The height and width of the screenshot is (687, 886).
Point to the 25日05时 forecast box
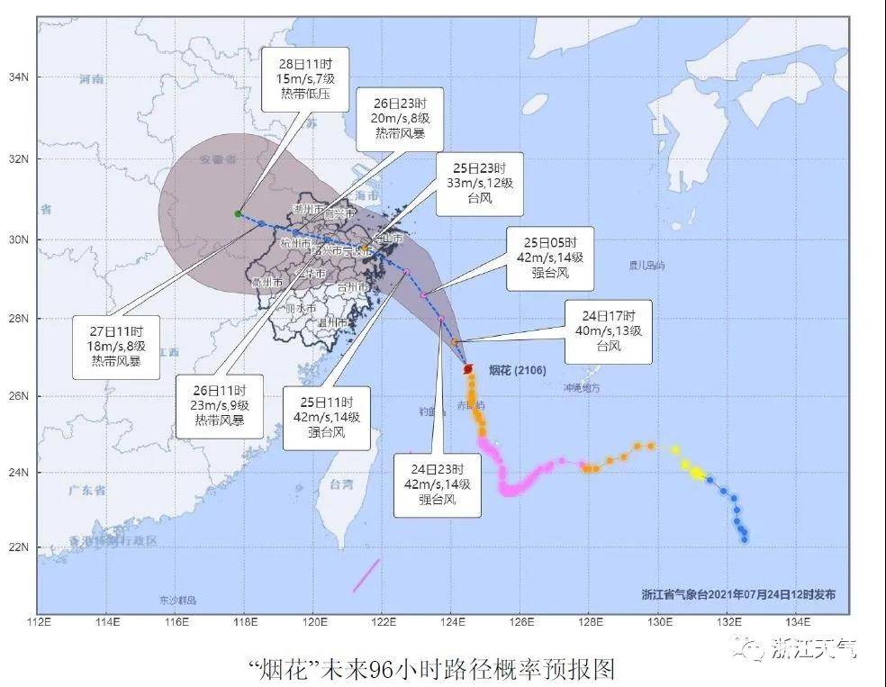(x=549, y=258)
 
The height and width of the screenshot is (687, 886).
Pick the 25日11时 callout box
(x=326, y=417)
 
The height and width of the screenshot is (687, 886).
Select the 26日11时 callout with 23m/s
(x=220, y=405)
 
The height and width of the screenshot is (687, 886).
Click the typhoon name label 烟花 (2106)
(x=517, y=369)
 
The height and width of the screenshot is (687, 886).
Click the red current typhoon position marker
(x=467, y=369)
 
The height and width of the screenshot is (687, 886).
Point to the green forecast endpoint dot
(x=238, y=213)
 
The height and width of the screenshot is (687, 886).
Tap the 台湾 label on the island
(x=340, y=484)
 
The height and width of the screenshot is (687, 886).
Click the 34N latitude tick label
(x=17, y=77)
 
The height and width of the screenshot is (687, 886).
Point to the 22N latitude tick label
(x=17, y=547)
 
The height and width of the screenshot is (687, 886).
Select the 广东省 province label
(x=87, y=490)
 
